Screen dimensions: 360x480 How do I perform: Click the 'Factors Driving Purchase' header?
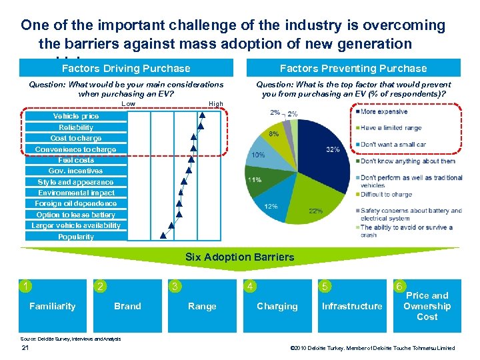[x=126, y=68]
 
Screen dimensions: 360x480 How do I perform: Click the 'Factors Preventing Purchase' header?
[x=353, y=68]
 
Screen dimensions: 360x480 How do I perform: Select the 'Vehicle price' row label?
[x=76, y=116]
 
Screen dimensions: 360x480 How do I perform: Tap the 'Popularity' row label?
[x=76, y=237]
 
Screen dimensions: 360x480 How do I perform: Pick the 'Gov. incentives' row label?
[x=76, y=171]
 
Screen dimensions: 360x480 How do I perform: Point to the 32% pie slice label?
[x=333, y=149]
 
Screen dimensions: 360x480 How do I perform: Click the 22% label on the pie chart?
[x=315, y=211]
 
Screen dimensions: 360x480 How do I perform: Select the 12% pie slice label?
[x=271, y=206]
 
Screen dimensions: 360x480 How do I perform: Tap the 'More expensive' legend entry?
[x=384, y=111]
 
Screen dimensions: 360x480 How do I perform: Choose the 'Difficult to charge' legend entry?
[x=386, y=194]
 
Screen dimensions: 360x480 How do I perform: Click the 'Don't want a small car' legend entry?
[x=393, y=144]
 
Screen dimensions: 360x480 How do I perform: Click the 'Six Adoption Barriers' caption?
[x=241, y=257]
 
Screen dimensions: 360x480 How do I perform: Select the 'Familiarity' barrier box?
[x=53, y=306]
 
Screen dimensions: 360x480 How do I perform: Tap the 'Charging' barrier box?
[x=277, y=306]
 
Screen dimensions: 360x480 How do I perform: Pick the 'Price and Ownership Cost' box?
[x=427, y=306]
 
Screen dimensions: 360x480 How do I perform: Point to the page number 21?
[x=26, y=348]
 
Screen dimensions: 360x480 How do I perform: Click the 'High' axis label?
[x=216, y=104]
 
